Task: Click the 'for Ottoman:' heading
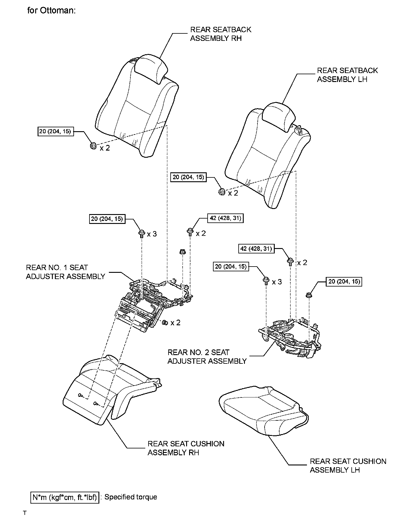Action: (x=51, y=11)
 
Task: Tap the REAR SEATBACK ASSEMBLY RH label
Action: (x=220, y=34)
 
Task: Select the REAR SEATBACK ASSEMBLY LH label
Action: (x=347, y=75)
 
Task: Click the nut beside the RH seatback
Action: (x=93, y=146)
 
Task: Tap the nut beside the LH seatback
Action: (x=222, y=192)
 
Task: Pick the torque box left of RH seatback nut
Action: (x=56, y=131)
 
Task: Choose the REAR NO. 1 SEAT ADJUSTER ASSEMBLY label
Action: (x=65, y=272)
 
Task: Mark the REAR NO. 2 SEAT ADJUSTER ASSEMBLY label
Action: (x=207, y=357)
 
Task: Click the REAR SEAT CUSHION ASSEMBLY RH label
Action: (x=186, y=448)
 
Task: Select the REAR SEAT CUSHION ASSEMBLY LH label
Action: (x=348, y=465)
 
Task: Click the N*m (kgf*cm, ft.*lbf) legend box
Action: (x=65, y=497)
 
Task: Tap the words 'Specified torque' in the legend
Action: (x=131, y=497)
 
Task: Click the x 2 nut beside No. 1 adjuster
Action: (x=164, y=322)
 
